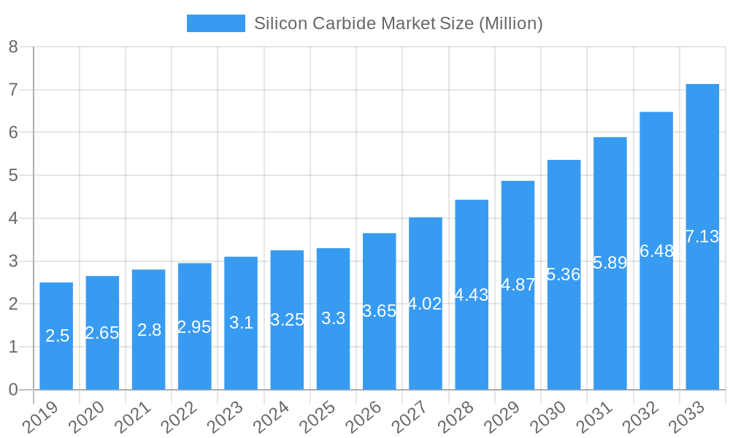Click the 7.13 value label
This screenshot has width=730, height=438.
tap(702, 237)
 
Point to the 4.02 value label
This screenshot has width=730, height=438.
tap(425, 304)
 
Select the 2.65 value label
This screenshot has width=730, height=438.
tap(102, 333)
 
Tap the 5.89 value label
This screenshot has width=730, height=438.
tap(610, 263)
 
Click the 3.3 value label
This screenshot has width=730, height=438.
tap(333, 318)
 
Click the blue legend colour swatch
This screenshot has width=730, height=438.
tap(215, 23)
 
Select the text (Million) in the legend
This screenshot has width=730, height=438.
tap(510, 23)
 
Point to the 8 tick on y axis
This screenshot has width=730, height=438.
tap(13, 47)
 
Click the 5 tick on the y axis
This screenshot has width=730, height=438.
tap(13, 175)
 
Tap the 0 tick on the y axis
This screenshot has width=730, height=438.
tap(13, 390)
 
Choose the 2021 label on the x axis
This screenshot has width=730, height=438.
tap(134, 418)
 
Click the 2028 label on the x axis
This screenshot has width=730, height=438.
tap(458, 418)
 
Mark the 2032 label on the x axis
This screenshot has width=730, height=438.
tap(642, 418)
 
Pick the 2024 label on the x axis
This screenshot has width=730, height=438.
tap(273, 418)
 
